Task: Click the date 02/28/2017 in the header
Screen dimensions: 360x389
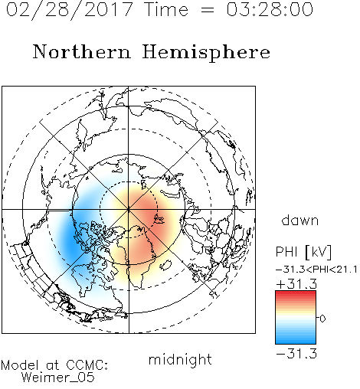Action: (x=69, y=10)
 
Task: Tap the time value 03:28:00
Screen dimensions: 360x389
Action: (x=270, y=9)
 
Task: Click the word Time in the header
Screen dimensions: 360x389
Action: (x=166, y=9)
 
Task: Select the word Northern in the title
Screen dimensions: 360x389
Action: (x=81, y=51)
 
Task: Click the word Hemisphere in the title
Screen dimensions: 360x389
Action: (x=206, y=52)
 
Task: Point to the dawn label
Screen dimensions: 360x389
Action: (x=300, y=220)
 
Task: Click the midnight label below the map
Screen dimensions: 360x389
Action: (x=180, y=359)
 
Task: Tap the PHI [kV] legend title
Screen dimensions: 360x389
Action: (x=303, y=252)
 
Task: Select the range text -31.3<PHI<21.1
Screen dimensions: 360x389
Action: (x=316, y=270)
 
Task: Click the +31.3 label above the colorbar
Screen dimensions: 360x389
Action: (x=296, y=284)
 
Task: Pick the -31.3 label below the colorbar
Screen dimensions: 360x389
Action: (x=296, y=354)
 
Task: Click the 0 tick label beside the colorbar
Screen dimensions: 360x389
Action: (x=322, y=319)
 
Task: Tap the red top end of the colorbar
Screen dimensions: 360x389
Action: (x=296, y=293)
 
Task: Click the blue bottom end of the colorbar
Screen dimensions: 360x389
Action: (x=296, y=342)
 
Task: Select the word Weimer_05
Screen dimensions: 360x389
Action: (x=57, y=378)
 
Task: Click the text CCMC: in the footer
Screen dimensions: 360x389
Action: (x=87, y=365)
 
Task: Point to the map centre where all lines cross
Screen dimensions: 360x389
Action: (x=129, y=210)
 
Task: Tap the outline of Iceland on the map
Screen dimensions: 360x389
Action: (x=166, y=266)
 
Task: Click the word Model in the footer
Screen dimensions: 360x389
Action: (x=20, y=365)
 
